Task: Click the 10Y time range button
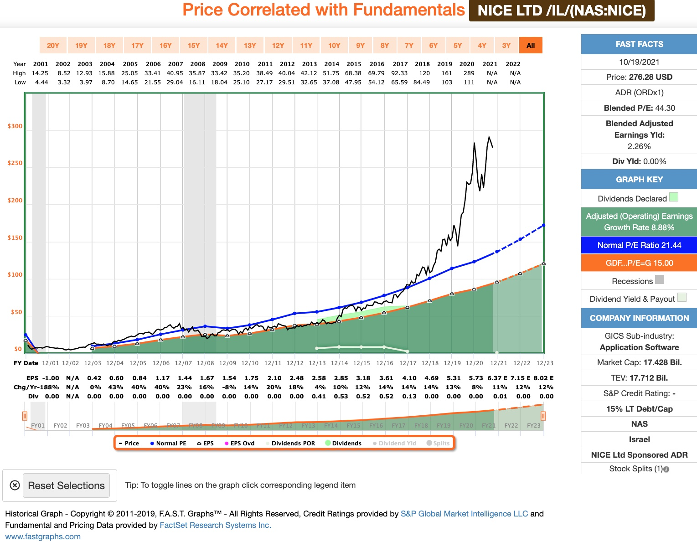[x=334, y=45]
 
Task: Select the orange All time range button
[x=531, y=45]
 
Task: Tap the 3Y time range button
[x=506, y=45]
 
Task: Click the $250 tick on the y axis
[x=15, y=163]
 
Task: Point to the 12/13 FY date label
[x=317, y=363]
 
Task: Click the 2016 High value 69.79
[x=376, y=73]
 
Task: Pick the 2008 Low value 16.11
[x=197, y=82]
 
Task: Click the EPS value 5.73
[x=476, y=378]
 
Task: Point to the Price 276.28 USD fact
[x=639, y=77]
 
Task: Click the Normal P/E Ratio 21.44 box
[x=639, y=245]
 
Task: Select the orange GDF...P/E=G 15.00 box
[x=639, y=263]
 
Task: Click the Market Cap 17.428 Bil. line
[x=639, y=362]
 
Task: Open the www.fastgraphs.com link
[x=43, y=537]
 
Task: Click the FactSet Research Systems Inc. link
[x=215, y=525]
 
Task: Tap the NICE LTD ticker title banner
[x=562, y=10]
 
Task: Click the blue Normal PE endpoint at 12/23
[x=543, y=225]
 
